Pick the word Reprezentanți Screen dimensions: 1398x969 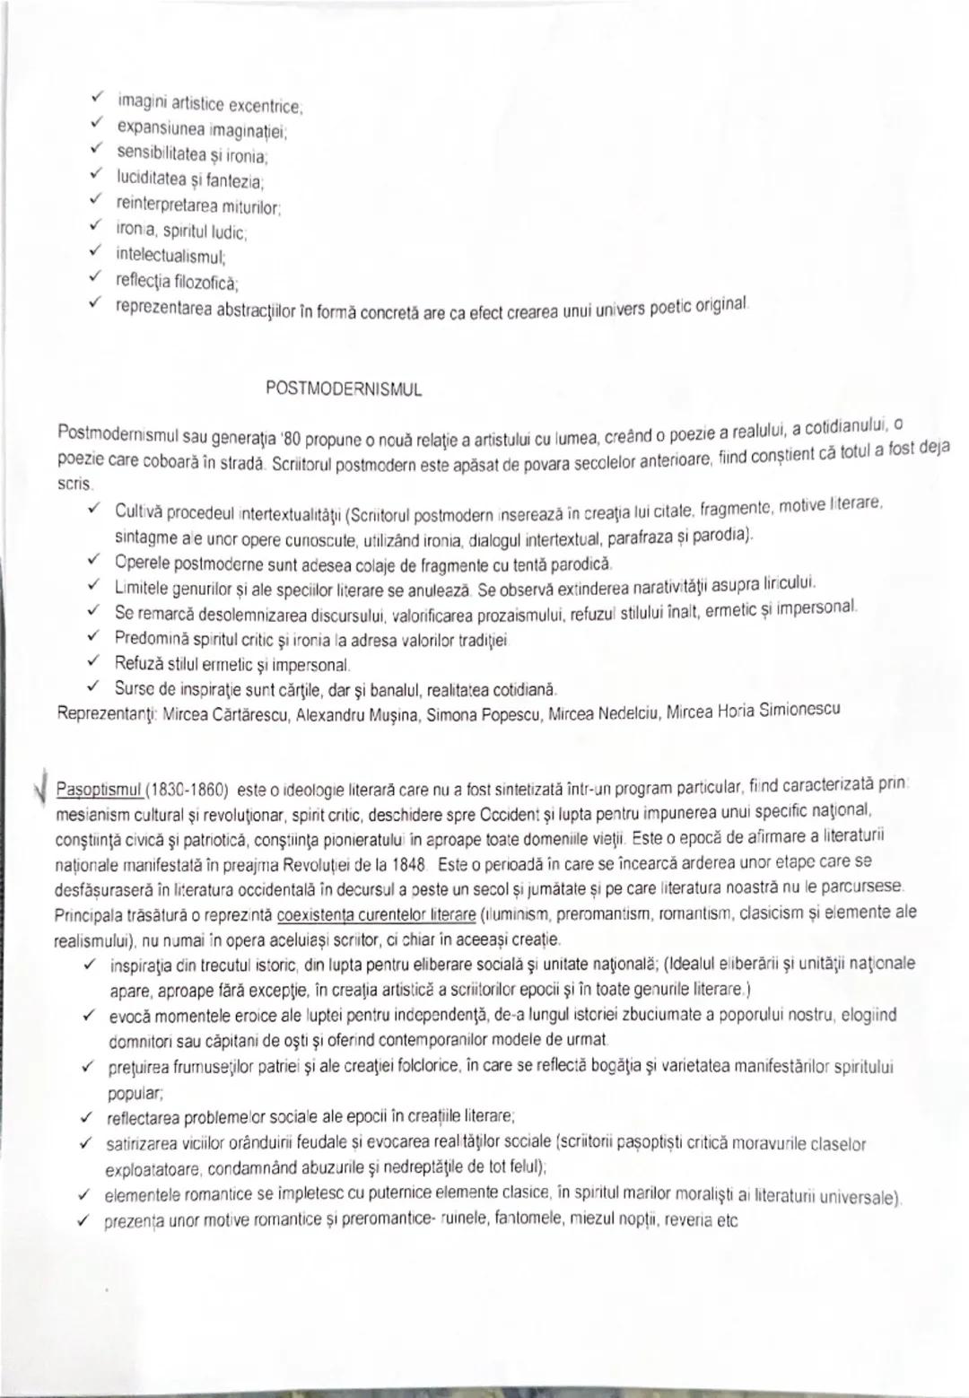(x=95, y=715)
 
